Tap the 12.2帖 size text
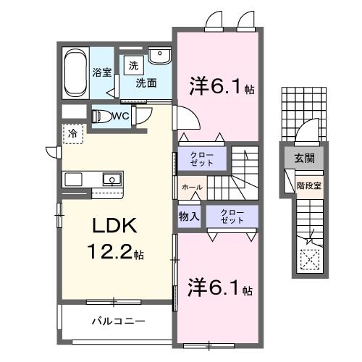(x=117, y=253)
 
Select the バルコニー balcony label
(x=118, y=320)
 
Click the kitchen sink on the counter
(x=110, y=179)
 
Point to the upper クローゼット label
(x=201, y=159)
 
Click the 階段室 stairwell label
(x=308, y=185)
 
